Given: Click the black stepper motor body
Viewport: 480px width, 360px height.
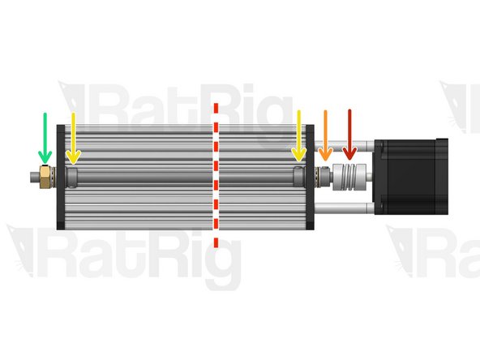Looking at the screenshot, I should (x=409, y=176).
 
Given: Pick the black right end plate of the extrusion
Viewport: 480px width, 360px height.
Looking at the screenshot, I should (x=309, y=203).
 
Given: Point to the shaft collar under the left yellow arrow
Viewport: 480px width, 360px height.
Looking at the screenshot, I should (x=72, y=175).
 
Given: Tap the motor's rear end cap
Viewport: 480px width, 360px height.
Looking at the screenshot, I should (x=442, y=176).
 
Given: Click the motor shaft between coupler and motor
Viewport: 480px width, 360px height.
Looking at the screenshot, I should (x=370, y=176).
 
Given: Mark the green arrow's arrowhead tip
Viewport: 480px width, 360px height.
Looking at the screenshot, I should (x=45, y=162).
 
